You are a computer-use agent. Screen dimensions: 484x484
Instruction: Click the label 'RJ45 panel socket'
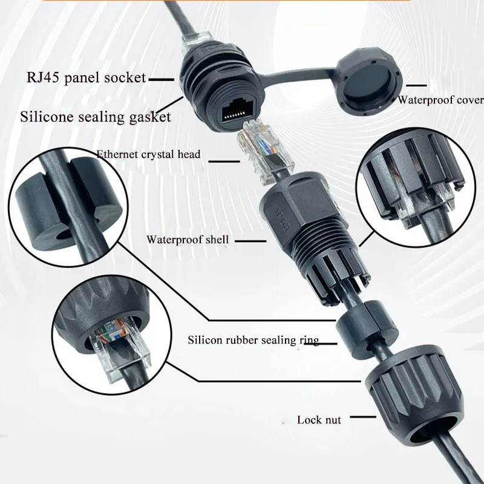click(x=86, y=77)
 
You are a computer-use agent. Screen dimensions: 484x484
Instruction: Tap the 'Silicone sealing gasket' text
click(x=96, y=117)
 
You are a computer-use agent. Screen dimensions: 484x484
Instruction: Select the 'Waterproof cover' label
click(x=440, y=100)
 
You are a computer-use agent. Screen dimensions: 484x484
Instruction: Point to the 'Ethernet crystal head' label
click(x=148, y=154)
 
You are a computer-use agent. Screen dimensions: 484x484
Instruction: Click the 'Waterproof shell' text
click(x=188, y=240)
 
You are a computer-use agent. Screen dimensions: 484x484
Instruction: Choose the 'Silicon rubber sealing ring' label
click(x=253, y=340)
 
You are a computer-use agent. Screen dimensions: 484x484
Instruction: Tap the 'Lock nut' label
click(x=319, y=420)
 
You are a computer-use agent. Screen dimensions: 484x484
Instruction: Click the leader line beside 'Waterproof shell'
click(x=250, y=241)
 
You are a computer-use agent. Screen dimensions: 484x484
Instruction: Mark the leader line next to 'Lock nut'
click(x=363, y=417)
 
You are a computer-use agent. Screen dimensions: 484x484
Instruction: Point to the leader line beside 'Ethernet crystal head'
click(x=224, y=161)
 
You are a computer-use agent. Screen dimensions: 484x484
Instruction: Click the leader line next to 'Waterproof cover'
click(x=416, y=85)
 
